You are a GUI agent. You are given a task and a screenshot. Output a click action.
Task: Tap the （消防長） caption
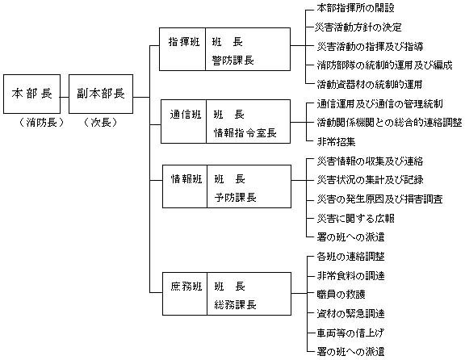tap(32, 123)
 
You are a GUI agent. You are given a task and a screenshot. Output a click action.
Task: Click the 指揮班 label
tap(185, 41)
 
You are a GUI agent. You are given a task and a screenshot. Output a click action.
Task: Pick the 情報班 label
tap(185, 178)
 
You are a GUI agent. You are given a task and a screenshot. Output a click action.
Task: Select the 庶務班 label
tap(185, 287)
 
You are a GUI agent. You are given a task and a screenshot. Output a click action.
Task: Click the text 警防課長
tap(235, 59)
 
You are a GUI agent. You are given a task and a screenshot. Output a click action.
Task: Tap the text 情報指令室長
tap(246, 131)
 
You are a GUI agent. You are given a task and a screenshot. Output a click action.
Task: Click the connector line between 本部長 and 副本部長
tap(64, 94)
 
